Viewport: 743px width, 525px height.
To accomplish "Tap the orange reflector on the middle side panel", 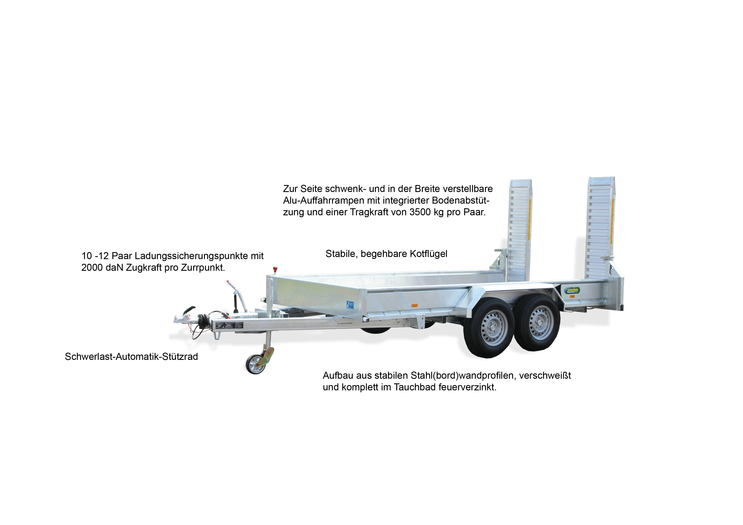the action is coord(414,305).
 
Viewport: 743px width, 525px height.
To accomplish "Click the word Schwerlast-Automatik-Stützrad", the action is coord(131,357).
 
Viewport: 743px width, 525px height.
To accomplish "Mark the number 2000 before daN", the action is coord(92,268).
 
